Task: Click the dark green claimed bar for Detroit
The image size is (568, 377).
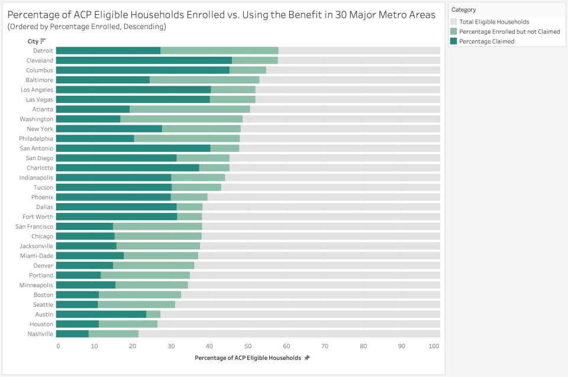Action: click(x=108, y=51)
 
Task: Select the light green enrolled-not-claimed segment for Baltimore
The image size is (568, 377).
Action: click(x=204, y=80)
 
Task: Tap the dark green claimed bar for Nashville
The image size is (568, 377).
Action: click(x=72, y=334)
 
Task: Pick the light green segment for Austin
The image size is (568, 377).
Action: click(x=153, y=314)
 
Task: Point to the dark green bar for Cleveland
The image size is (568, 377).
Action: click(x=144, y=60)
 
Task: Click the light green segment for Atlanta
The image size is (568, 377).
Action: click(x=189, y=109)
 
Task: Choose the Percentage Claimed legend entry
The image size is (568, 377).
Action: click(x=486, y=41)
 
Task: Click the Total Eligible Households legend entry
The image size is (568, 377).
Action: click(x=493, y=22)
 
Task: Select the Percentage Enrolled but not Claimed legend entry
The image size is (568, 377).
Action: click(x=509, y=31)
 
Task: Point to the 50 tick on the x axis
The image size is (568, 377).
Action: click(x=248, y=346)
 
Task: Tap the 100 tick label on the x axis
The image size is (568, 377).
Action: click(x=435, y=346)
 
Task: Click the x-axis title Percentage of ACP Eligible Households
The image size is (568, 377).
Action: click(x=247, y=358)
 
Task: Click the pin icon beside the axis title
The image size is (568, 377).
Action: click(x=307, y=358)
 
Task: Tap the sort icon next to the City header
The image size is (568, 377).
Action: click(x=43, y=41)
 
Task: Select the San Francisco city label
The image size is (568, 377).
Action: click(x=34, y=226)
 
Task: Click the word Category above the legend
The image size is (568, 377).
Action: click(x=464, y=9)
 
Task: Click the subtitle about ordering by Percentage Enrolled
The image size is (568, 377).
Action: click(x=87, y=27)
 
